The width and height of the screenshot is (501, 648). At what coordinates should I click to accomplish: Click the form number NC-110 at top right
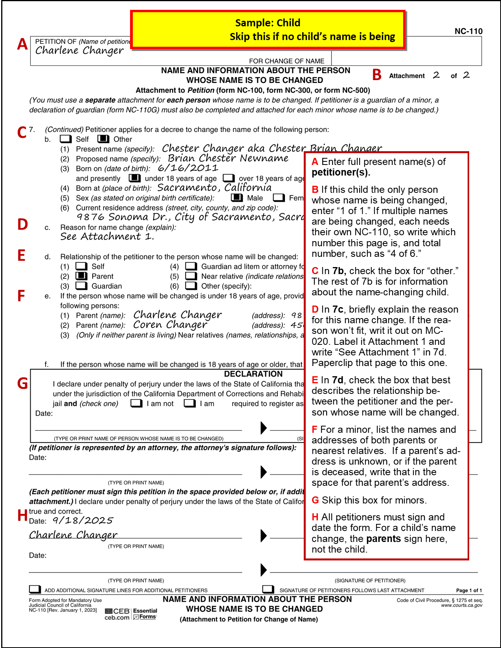[468, 31]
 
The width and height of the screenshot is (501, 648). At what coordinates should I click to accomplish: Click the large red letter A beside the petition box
[22, 44]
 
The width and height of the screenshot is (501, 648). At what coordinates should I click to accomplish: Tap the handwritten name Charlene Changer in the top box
[79, 51]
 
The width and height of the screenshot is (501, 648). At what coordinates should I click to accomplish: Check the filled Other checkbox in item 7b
[103, 139]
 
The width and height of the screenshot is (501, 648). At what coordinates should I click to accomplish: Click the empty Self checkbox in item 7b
[66, 139]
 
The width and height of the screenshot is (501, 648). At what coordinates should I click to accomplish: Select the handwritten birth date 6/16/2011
[188, 168]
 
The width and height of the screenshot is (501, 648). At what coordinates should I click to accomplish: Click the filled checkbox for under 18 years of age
[135, 178]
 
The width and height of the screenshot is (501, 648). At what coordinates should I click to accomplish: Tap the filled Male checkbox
[237, 198]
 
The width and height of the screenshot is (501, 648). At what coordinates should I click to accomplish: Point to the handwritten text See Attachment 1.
[107, 237]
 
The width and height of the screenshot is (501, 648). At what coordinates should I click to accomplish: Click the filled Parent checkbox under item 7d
[81, 276]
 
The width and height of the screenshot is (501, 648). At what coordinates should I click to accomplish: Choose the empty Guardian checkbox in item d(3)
[81, 286]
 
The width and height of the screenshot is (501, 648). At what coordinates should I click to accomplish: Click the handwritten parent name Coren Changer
[170, 325]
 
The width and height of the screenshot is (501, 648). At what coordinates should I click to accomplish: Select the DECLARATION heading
[253, 374]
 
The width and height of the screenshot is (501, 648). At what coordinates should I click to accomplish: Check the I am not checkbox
[136, 403]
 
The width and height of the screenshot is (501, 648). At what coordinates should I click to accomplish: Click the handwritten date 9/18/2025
[83, 521]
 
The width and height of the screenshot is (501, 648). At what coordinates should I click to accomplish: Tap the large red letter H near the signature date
[22, 515]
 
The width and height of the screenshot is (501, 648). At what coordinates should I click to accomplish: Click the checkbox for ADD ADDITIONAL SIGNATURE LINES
[35, 589]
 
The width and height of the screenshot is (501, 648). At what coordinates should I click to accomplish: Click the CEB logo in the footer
[117, 611]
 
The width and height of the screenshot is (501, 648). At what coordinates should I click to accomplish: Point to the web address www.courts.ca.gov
[461, 605]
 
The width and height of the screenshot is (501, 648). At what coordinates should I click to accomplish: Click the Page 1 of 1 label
[468, 590]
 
